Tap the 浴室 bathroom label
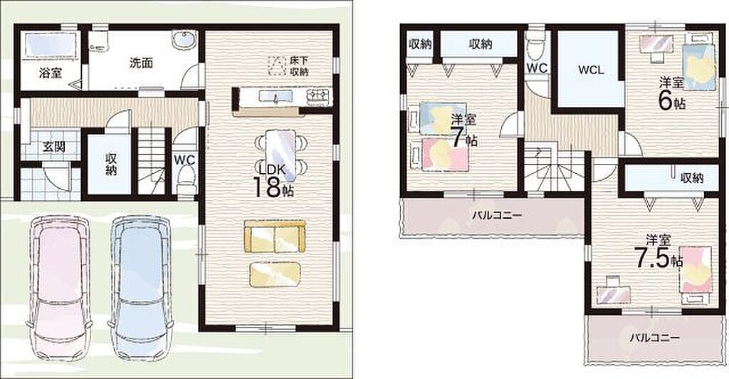(x=51, y=73)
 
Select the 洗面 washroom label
(x=141, y=63)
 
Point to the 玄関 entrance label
(x=54, y=147)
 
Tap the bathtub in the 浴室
(x=51, y=46)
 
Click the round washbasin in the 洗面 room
(x=185, y=40)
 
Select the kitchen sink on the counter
(x=276, y=96)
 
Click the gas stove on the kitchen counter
(x=318, y=95)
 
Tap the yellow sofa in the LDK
(x=276, y=237)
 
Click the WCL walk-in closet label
(x=591, y=71)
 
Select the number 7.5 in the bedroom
(x=652, y=259)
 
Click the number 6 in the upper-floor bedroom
(x=666, y=101)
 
